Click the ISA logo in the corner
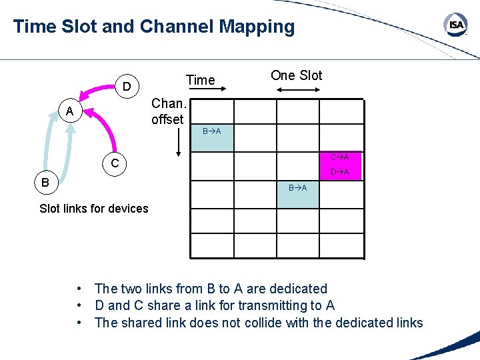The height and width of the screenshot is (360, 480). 456,25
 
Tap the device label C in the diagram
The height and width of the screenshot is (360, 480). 115,163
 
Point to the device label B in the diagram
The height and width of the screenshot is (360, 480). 43,181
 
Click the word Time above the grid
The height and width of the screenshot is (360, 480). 200,80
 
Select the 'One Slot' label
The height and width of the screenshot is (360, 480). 296,75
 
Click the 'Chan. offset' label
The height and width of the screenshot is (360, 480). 167,111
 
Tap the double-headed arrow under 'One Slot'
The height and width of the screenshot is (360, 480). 298,89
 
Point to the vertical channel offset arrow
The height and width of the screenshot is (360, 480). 178,141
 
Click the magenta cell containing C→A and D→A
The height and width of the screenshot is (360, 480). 341,165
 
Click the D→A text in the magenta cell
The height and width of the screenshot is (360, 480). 340,173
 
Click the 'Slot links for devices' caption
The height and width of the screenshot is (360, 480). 94,209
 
